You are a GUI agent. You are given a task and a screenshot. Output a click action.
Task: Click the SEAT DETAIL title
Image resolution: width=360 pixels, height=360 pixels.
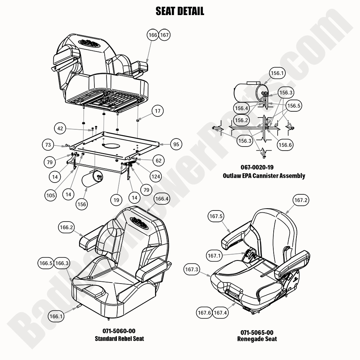click(x=180, y=11)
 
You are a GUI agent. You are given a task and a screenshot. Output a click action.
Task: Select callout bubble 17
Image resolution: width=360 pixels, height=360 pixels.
click(x=157, y=111)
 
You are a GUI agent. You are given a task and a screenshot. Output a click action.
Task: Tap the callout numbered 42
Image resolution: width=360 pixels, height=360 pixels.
click(x=61, y=129)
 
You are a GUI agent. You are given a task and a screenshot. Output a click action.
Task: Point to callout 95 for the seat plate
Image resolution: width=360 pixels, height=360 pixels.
click(x=176, y=144)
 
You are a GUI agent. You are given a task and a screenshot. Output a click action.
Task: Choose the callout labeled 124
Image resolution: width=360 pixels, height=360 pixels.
click(x=156, y=177)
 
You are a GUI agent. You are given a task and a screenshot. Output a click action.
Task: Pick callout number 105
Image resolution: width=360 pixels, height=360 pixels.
click(x=51, y=195)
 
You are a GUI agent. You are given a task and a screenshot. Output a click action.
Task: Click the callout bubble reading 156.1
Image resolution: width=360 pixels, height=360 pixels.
click(x=277, y=73)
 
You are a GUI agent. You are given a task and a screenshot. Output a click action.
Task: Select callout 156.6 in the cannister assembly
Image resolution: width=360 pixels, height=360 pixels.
click(x=285, y=145)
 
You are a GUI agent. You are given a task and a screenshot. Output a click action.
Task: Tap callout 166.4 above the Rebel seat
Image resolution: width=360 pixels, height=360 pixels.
click(x=162, y=199)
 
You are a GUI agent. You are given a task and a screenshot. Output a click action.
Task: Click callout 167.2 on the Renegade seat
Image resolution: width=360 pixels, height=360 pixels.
click(x=300, y=200)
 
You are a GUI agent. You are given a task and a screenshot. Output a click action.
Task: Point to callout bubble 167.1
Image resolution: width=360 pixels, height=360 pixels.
click(x=213, y=255)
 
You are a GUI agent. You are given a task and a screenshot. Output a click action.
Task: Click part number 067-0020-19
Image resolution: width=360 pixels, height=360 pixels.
click(x=263, y=168)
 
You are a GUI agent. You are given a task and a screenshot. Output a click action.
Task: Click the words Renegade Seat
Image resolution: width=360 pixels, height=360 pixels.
click(x=257, y=339)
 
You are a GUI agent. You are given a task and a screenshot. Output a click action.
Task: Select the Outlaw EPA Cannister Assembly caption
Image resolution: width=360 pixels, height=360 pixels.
click(x=263, y=176)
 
